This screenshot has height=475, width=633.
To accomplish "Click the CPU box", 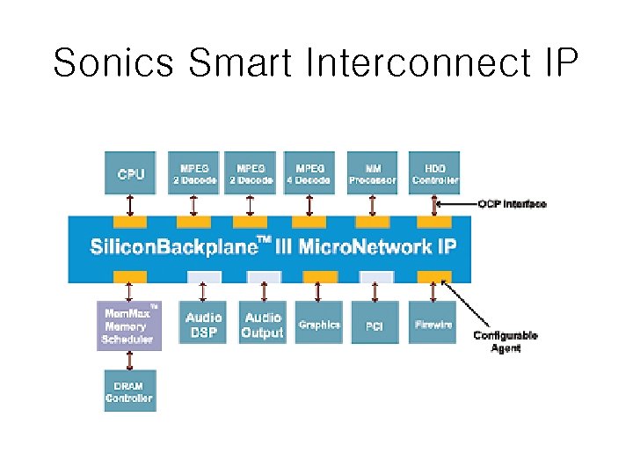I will click(130, 173).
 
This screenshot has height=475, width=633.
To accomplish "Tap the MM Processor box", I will click(372, 173).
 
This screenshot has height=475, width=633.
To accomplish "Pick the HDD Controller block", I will click(434, 173).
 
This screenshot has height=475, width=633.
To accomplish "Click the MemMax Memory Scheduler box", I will click(128, 325).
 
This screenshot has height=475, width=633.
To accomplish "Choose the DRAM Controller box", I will click(128, 391).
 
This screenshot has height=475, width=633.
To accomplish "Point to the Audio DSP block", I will click(204, 324).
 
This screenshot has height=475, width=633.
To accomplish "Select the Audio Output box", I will click(262, 324).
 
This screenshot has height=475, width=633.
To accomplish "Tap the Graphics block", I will click(318, 324).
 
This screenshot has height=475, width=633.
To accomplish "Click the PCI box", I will click(375, 325).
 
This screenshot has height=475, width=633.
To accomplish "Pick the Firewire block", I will click(433, 324).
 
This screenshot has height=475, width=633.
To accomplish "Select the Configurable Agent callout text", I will click(506, 341).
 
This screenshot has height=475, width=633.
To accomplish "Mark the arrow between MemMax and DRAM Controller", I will click(130, 361).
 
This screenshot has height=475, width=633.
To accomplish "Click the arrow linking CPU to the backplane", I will click(130, 205).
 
